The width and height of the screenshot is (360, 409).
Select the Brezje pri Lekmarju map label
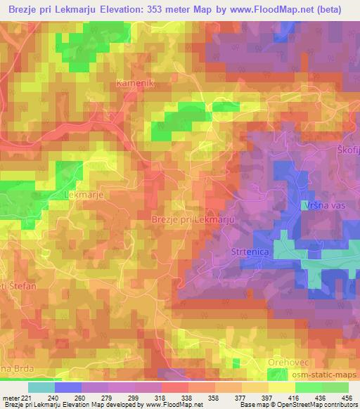[x=192, y=220]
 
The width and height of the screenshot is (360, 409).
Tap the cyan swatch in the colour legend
[x=41, y=388]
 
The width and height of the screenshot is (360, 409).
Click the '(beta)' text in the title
[x=330, y=10]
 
